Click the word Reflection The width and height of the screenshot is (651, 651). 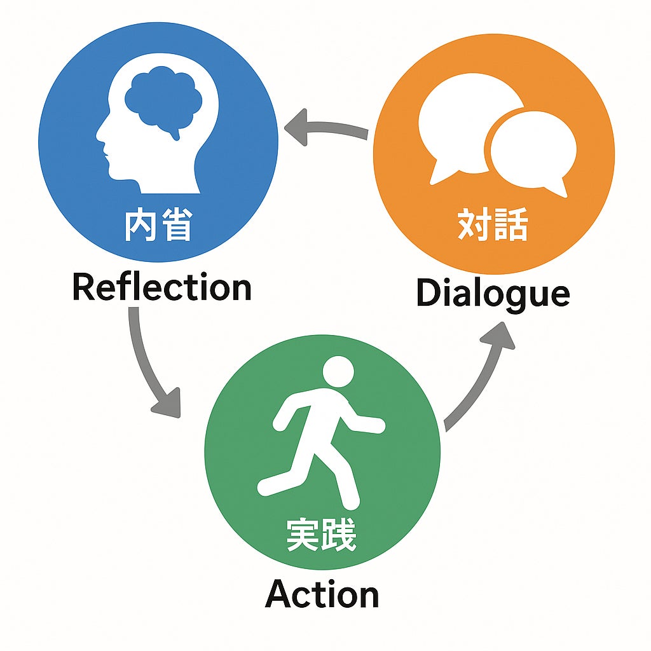[x=161, y=287]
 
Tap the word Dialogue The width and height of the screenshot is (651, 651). [x=493, y=294]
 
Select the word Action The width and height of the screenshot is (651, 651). [x=322, y=595]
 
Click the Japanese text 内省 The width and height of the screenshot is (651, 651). [x=158, y=226]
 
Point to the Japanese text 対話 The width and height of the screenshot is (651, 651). [x=493, y=226]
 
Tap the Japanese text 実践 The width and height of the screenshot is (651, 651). [x=321, y=536]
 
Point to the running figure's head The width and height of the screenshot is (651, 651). [x=338, y=371]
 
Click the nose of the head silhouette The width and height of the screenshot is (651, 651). [x=99, y=135]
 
